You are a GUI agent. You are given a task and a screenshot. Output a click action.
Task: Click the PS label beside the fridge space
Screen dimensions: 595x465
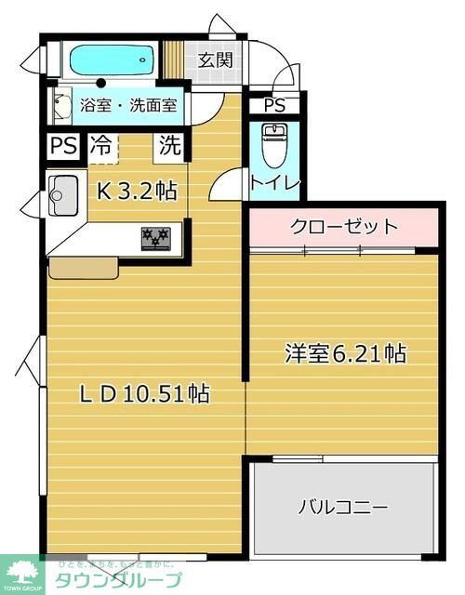[x=63, y=146]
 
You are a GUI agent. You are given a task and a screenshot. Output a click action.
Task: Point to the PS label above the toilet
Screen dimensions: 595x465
[x=273, y=106]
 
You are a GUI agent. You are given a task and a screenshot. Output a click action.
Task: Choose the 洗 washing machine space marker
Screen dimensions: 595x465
[x=169, y=145]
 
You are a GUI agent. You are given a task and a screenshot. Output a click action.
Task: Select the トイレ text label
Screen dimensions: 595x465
[x=273, y=183]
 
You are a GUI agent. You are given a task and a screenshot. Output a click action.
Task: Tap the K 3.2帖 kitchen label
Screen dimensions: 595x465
[x=138, y=191]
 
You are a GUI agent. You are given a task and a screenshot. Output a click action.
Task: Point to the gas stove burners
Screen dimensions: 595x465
[x=156, y=237]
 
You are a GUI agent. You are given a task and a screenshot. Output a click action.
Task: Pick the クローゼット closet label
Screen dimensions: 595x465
[x=343, y=226]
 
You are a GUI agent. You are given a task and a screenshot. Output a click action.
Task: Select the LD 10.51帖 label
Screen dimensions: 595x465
[x=142, y=393]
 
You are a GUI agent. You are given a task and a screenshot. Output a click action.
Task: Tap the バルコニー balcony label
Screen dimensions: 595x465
[x=342, y=508]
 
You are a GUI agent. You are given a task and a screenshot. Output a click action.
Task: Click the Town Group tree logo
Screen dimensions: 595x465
[x=23, y=568]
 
